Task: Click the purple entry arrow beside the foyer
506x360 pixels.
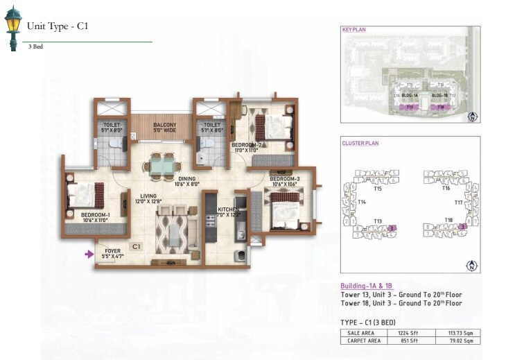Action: pyautogui.click(x=88, y=255)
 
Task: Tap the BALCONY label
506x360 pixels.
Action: pyautogui.click(x=164, y=124)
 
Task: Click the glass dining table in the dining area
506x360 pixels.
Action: pyautogui.click(x=164, y=167)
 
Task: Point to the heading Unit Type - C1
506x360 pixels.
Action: pyautogui.click(x=57, y=26)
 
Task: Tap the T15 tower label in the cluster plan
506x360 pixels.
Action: pyautogui.click(x=378, y=188)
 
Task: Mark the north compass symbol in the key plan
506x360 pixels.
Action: pyautogui.click(x=471, y=117)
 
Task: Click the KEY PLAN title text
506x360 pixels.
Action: pyautogui.click(x=354, y=31)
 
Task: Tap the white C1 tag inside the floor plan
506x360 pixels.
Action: pyautogui.click(x=136, y=246)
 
